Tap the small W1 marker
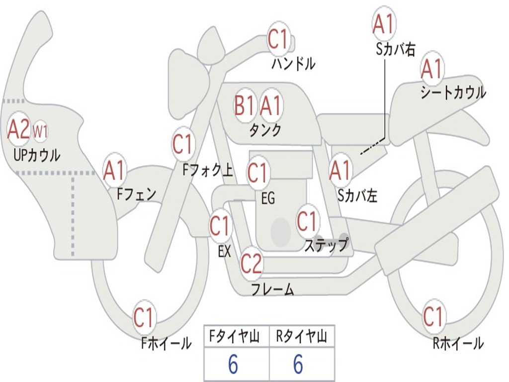(x=40, y=132)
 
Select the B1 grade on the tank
(x=245, y=105)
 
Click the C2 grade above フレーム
(x=251, y=263)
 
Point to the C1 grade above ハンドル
(x=278, y=40)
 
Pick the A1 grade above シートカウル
(x=431, y=70)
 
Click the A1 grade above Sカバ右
(x=384, y=24)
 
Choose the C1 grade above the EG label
(x=257, y=173)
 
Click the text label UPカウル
(x=37, y=155)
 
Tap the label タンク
(x=265, y=130)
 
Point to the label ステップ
(x=326, y=245)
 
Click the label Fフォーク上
(x=208, y=171)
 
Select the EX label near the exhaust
(x=224, y=252)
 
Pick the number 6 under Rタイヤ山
(x=298, y=365)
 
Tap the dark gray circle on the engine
(x=281, y=231)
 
